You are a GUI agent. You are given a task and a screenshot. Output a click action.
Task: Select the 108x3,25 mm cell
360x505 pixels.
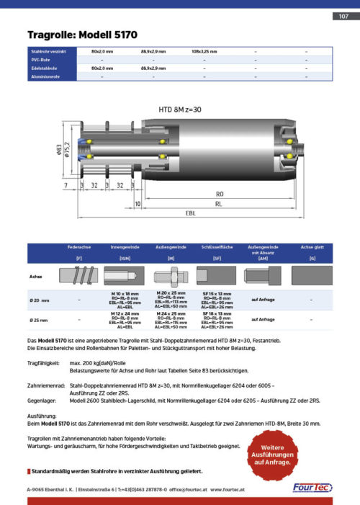[204, 52]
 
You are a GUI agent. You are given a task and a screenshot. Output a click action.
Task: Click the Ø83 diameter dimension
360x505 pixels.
[58, 150]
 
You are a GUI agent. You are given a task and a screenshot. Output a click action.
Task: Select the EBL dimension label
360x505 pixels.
[190, 213]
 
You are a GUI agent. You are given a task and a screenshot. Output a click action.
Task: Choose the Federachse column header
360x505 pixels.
[78, 246]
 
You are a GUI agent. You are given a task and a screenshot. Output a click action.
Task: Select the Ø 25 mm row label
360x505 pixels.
[39, 318]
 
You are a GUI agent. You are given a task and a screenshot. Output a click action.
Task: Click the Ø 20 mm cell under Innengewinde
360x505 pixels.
[124, 299]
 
